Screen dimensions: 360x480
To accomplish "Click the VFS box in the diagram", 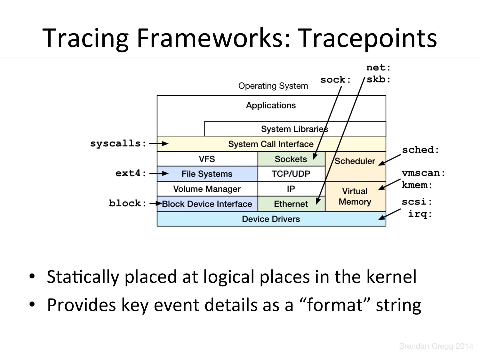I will coord(207,159).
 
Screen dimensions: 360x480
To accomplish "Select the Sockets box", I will coord(291,159).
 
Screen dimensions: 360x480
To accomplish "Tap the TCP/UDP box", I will coord(291,174).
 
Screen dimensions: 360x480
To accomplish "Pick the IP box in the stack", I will coord(291,189).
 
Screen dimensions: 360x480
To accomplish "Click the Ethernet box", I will coord(291,204).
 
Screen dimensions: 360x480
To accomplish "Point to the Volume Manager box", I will coord(207,189).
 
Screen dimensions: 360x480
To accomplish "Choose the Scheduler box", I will coord(355,161).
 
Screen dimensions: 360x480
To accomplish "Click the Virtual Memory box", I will coord(355,196).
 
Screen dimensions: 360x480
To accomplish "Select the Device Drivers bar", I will coord(271,219).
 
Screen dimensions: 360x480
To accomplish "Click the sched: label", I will coord(420,150).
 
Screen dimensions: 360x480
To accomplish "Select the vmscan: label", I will coord(423,173).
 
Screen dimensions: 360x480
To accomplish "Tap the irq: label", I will coord(420,214).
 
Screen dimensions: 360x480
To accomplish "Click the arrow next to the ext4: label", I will coord(159,173).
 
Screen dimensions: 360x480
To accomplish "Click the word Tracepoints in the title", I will coord(368,38).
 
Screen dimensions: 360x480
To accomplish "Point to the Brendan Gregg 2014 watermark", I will coord(436,346).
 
